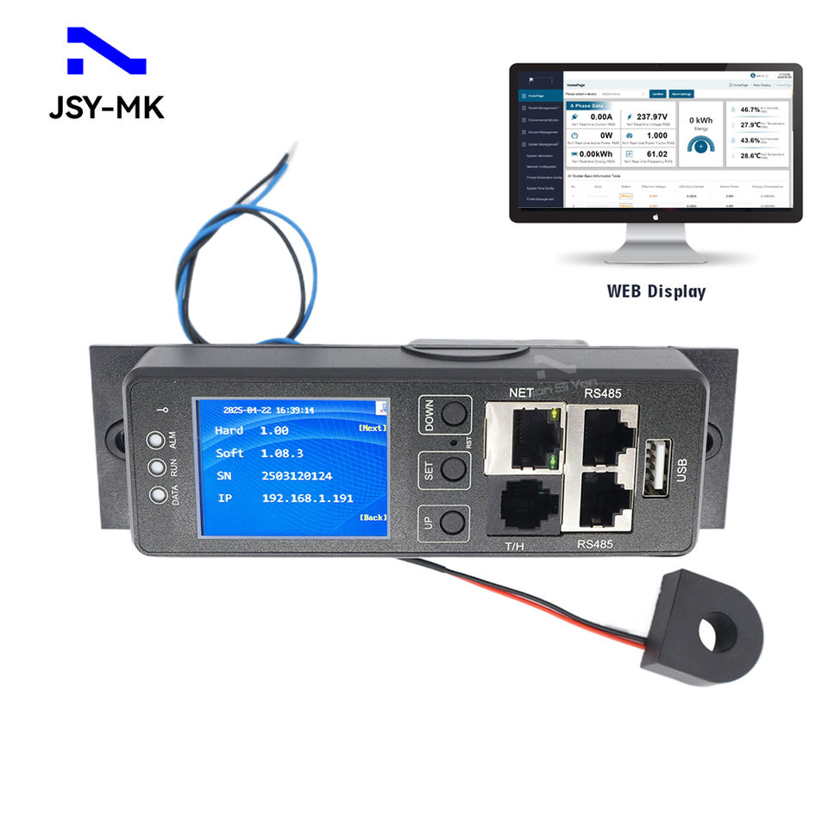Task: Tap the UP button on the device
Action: (x=448, y=522)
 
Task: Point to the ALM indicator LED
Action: (x=155, y=440)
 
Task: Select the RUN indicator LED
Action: (x=155, y=468)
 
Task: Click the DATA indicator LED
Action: (x=155, y=496)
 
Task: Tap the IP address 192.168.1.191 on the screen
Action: (x=307, y=499)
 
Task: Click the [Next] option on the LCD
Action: (x=372, y=428)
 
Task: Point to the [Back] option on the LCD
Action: (x=372, y=517)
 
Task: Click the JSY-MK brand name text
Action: (x=106, y=107)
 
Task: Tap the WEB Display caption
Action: (x=655, y=292)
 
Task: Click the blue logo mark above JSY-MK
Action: (x=106, y=53)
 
